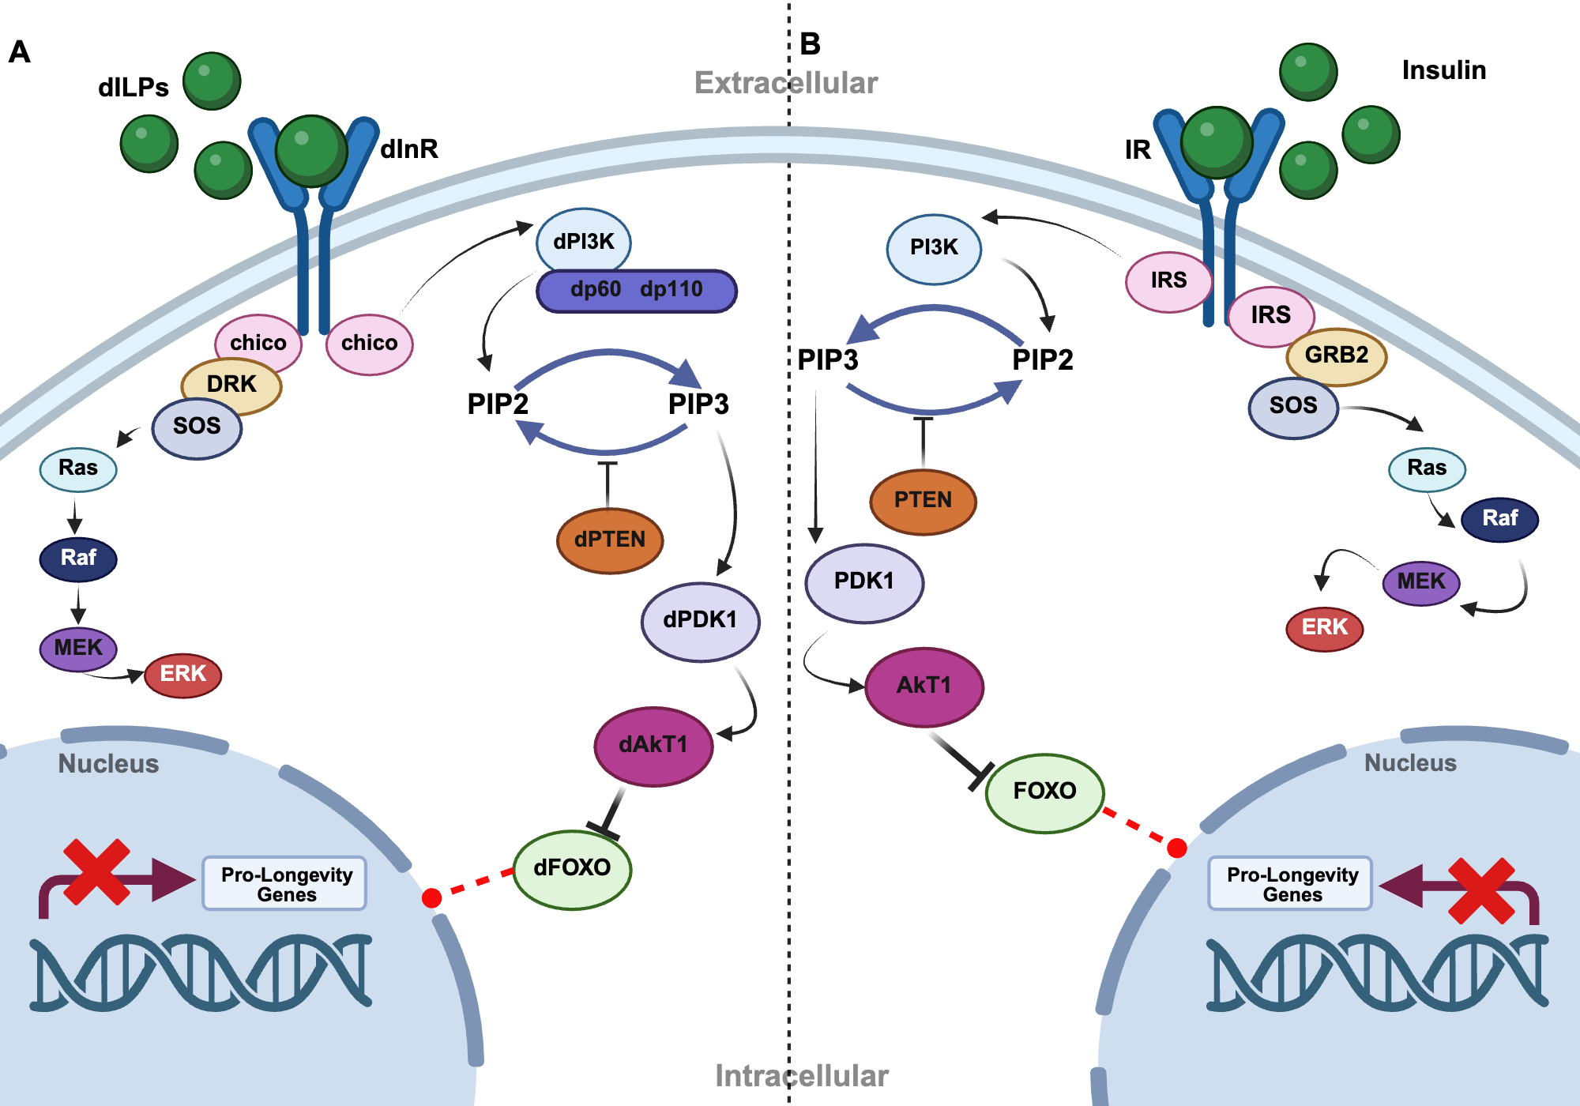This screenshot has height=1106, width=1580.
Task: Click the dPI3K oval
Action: tap(583, 241)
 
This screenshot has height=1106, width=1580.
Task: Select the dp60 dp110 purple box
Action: tap(636, 290)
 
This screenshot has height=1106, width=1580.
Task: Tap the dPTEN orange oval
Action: tap(609, 540)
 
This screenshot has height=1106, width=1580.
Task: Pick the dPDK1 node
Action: tap(700, 620)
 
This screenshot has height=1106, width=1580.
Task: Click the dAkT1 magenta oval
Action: tap(653, 745)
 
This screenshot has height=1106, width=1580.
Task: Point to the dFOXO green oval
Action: tap(572, 868)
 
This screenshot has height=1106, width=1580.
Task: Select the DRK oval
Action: tap(231, 384)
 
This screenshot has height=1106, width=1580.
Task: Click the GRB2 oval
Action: tap(1336, 355)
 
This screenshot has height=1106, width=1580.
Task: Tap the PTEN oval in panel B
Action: tap(923, 500)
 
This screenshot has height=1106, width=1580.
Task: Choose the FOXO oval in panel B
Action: tap(1044, 791)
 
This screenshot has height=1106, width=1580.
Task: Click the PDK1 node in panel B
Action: tap(863, 581)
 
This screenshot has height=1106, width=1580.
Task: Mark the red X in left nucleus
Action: tap(96, 871)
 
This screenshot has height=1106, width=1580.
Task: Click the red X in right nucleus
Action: tap(1481, 891)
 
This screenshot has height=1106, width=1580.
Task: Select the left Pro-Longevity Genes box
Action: tap(285, 884)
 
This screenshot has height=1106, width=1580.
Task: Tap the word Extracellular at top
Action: tap(785, 83)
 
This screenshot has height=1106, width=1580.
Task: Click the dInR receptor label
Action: tap(408, 149)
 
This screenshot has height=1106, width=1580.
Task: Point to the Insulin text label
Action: tap(1443, 70)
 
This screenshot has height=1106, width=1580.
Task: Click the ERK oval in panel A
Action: tap(182, 675)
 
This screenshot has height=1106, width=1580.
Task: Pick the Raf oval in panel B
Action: tap(1499, 518)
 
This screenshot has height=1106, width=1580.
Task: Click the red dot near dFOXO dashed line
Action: tap(431, 897)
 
